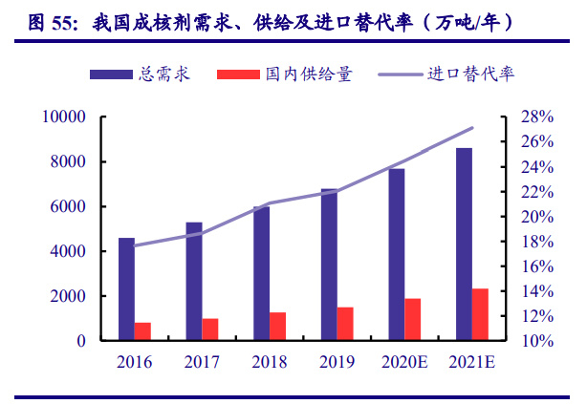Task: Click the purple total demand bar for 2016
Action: point(126,289)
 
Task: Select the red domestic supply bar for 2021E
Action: point(480,314)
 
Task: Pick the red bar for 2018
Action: point(277,326)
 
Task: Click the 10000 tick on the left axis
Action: point(63,117)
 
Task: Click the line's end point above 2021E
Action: point(471,128)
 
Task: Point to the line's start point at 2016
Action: point(135,245)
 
